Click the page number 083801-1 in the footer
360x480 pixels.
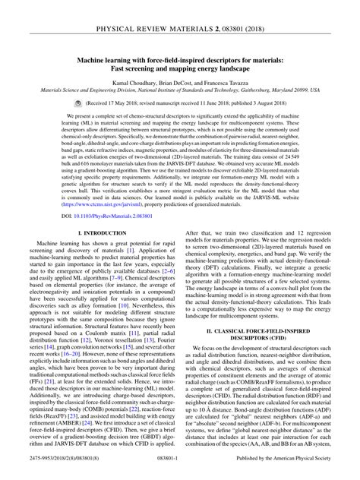tap(179, 470)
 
